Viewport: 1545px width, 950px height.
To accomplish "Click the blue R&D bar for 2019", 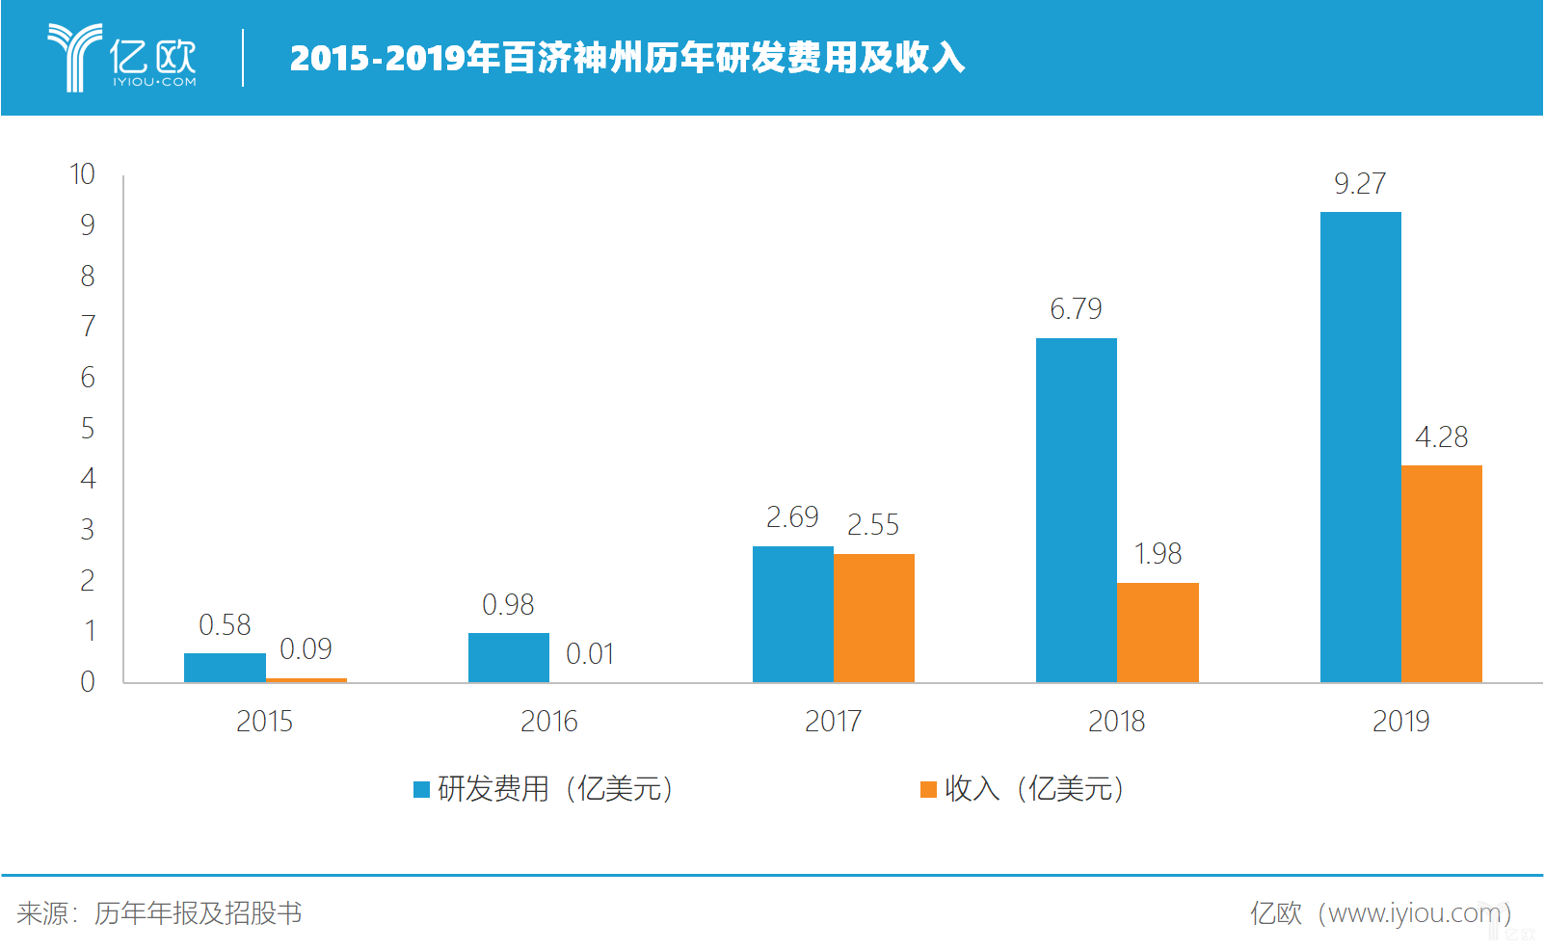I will [1360, 447].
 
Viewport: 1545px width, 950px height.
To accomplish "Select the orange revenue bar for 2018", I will [1158, 632].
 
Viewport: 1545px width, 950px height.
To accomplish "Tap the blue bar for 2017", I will [792, 614].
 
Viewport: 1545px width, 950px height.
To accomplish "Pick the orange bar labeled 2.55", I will [873, 618].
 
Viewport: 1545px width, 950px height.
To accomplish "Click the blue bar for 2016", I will [508, 657].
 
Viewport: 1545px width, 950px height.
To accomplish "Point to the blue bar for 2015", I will [225, 668].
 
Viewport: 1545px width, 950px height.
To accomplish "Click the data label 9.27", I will [1359, 183].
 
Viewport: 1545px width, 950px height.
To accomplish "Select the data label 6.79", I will [1076, 308].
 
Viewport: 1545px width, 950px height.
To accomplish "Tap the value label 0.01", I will [589, 654].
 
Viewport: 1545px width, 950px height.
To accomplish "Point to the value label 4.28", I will [1441, 436].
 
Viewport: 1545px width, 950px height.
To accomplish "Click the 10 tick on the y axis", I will [83, 174].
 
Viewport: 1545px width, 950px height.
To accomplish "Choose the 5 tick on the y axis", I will [88, 428].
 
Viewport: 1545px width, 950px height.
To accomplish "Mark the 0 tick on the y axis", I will [88, 682].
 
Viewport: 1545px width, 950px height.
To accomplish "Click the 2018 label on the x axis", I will [1116, 721].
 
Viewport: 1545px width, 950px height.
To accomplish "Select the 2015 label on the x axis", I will [264, 721].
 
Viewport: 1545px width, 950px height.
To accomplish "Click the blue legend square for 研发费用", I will [421, 789].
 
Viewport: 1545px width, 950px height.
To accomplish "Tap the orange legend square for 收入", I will [928, 789].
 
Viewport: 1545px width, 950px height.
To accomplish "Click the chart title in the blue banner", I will [626, 58].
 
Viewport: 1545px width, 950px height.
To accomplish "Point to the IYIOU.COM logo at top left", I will [122, 58].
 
